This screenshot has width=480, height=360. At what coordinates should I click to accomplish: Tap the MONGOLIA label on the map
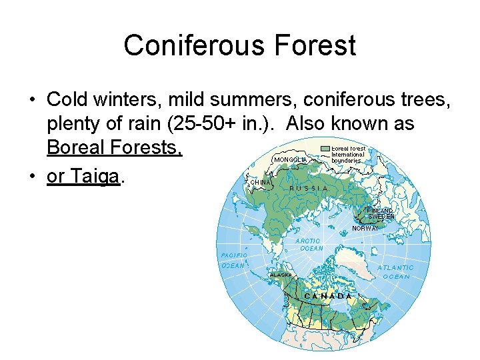(x=290, y=160)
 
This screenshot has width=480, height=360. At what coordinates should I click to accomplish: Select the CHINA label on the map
(x=260, y=182)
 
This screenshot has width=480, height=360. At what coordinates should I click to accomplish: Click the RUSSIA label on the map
(x=309, y=188)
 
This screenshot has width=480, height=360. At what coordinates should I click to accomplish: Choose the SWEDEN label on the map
(x=381, y=217)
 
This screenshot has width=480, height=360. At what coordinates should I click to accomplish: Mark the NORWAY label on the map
(x=365, y=228)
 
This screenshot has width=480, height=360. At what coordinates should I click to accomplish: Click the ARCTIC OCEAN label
(x=310, y=245)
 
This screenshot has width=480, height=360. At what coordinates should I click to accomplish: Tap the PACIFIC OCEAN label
(x=234, y=260)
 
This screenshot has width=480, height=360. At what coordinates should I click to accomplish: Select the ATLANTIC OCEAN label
(x=395, y=272)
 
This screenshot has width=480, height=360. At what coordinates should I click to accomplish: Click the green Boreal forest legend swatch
(x=325, y=149)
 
